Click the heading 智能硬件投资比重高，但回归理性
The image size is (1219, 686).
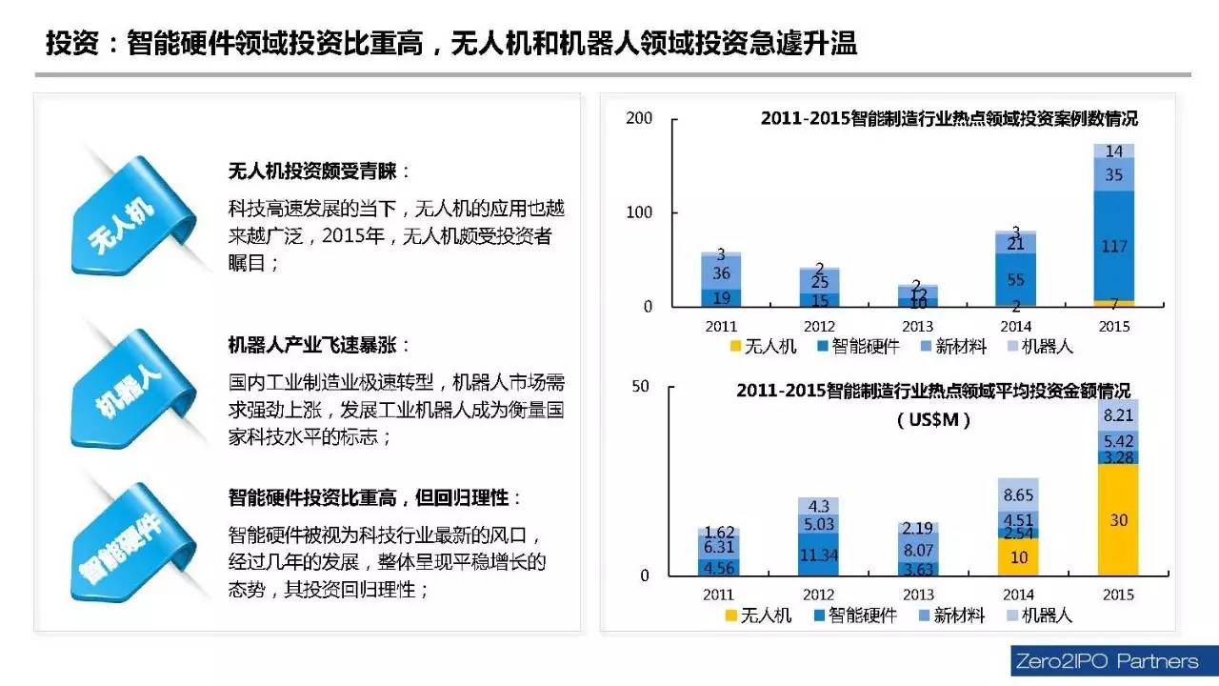click(x=374, y=497)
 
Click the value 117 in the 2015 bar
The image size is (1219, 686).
click(x=1113, y=246)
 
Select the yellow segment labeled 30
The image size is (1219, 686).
click(x=1118, y=520)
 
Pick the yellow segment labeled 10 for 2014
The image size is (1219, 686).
click(x=1017, y=557)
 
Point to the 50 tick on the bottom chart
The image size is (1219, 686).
click(x=640, y=386)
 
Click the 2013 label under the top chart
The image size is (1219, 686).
click(x=916, y=326)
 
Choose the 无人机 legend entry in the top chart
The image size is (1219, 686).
click(x=761, y=347)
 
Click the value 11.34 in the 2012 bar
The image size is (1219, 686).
click(x=819, y=555)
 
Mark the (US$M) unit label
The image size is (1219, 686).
click(x=933, y=420)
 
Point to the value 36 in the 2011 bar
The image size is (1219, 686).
click(x=721, y=273)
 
